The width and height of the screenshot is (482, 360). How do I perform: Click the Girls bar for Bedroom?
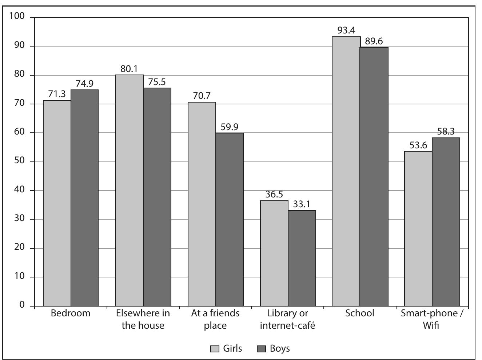click(57, 203)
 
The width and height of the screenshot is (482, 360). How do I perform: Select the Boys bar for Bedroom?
click(84, 198)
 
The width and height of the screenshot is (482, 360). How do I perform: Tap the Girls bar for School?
click(346, 171)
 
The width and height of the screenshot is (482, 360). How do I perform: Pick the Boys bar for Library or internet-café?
click(302, 258)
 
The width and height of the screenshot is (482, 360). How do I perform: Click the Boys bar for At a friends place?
click(230, 219)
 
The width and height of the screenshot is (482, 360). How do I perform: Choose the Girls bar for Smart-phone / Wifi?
click(418, 229)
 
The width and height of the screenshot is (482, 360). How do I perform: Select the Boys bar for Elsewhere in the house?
click(157, 197)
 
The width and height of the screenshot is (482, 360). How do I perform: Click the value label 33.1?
click(302, 204)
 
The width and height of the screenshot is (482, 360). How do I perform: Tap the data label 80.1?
click(130, 69)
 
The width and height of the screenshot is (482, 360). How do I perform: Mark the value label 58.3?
click(446, 132)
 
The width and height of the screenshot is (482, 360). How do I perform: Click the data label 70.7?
click(202, 96)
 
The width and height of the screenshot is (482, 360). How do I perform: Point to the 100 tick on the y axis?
click(17, 16)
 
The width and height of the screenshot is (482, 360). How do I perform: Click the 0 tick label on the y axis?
click(23, 305)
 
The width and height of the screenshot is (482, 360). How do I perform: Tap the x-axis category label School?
click(360, 313)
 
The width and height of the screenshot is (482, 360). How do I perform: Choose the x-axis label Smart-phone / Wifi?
click(432, 319)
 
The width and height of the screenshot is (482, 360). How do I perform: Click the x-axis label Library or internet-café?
click(287, 319)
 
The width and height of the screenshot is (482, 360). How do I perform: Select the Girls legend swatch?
click(215, 349)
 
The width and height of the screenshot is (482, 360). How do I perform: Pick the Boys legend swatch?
click(262, 349)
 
